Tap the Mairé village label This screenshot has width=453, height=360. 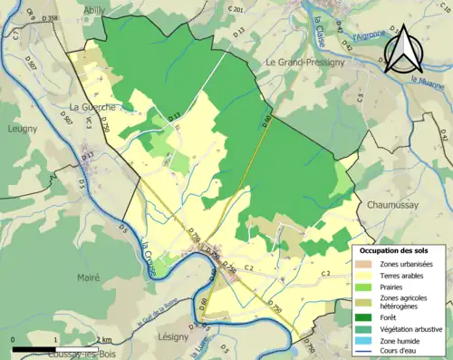[x=88, y=278]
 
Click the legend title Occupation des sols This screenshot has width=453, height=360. [x=392, y=249]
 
